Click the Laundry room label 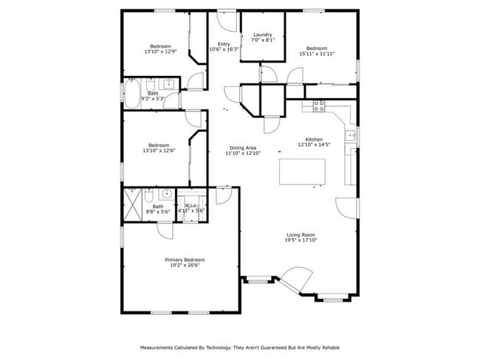[263, 35]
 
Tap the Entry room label [224, 44]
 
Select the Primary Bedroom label [184, 260]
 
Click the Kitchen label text [315, 139]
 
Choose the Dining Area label [243, 148]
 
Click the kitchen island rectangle [302, 173]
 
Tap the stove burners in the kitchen [319, 105]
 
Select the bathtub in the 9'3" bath [133, 94]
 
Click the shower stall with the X [133, 204]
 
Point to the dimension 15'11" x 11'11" [317, 54]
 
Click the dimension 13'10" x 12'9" [160, 52]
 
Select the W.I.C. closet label [191, 206]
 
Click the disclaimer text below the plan [240, 347]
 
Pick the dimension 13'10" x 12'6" [159, 150]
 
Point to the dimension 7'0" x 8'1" [263, 40]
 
